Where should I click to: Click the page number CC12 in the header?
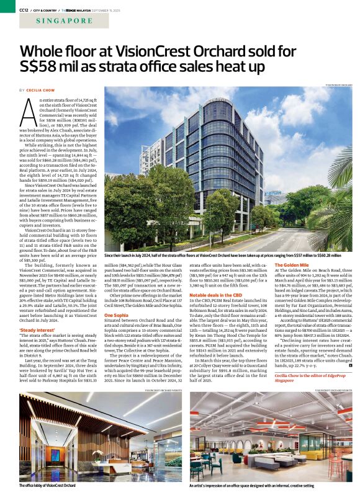point(24,10)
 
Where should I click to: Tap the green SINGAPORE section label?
point(61,22)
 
